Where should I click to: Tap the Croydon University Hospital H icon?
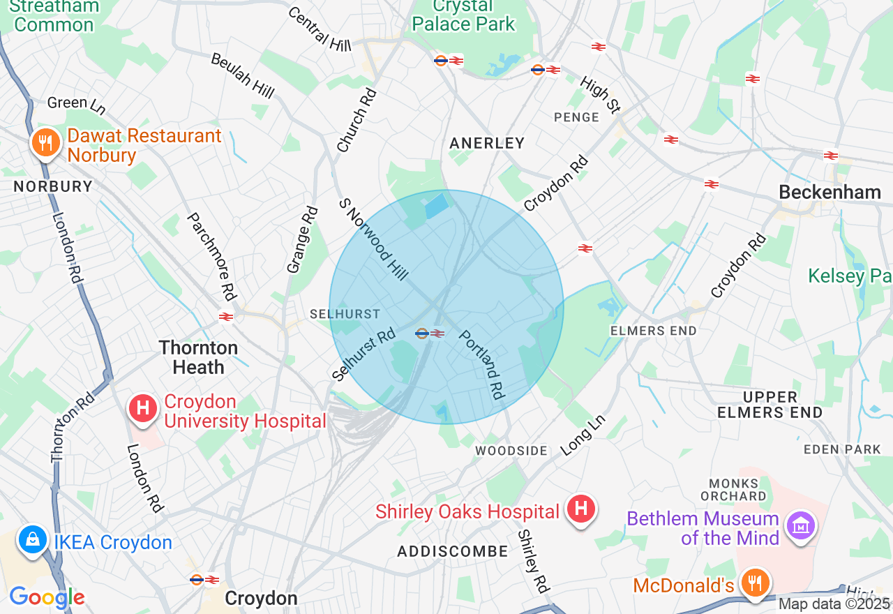pos(143,407)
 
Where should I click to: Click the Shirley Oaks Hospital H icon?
pos(581,509)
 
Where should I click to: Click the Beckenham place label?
pos(830,192)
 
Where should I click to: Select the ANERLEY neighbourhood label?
pos(487,143)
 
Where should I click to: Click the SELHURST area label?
pos(345,314)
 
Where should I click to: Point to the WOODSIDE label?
pos(511,451)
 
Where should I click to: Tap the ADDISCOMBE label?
pos(453,551)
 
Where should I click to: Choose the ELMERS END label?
pos(653,331)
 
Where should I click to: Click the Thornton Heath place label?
pos(198,357)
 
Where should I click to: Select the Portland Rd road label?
pos(481,364)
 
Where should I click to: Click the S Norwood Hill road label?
pos(374,239)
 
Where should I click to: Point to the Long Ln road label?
pos(583,436)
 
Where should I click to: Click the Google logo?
pos(46,597)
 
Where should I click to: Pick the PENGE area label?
pos(576,117)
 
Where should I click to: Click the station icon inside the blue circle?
pos(429,333)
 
